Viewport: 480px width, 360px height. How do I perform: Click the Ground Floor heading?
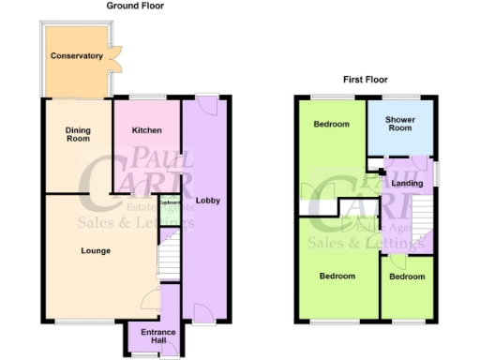pyautogui.click(x=136, y=6)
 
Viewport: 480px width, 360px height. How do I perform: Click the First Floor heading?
pyautogui.click(x=366, y=80)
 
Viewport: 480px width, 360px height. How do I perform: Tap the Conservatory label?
pyautogui.click(x=77, y=56)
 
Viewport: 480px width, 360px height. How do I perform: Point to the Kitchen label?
pyautogui.click(x=146, y=130)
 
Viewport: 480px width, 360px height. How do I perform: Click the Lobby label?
pyautogui.click(x=207, y=199)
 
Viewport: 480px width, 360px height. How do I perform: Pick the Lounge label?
pyautogui.click(x=96, y=250)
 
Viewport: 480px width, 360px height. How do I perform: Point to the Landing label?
pyautogui.click(x=407, y=183)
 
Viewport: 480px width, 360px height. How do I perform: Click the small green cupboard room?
pyautogui.click(x=169, y=212)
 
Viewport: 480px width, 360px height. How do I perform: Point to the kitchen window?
pyautogui.click(x=146, y=97)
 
